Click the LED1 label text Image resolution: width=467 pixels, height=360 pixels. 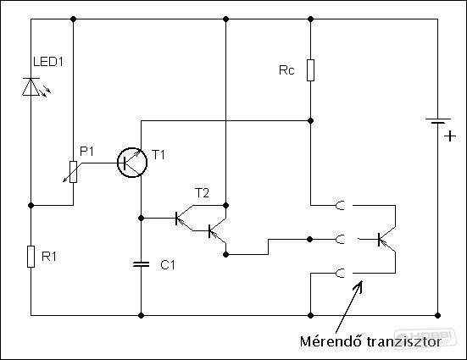coord(48,62)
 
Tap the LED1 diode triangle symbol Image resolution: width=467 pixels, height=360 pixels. coord(31,86)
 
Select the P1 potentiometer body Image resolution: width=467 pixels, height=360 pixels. coord(73,172)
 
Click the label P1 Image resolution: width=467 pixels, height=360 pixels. coord(86,152)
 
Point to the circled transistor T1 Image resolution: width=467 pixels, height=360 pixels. coord(132,163)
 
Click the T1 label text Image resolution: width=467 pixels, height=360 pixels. coord(158,155)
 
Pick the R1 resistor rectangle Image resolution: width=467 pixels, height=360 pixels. coord(31,257)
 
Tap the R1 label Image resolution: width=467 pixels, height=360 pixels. coord(49,257)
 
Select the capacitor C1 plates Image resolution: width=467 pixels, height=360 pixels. coord(142,263)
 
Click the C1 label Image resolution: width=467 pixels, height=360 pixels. coord(168,265)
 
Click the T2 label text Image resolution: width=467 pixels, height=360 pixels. coord(202,193)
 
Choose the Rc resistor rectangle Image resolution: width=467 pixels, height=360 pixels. coord(311,70)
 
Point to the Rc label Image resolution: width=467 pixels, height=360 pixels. coord(286,70)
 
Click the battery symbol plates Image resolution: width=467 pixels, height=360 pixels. coord(438,120)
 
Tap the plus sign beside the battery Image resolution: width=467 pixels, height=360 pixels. coord(450,136)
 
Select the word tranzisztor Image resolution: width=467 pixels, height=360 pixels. coord(403,342)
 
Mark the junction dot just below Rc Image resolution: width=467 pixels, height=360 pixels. coord(311,120)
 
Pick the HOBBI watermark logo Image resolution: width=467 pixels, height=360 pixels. coord(425,338)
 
